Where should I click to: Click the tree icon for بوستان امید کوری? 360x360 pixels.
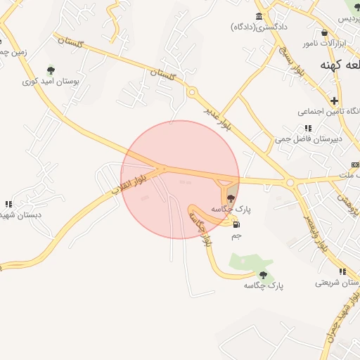(x=50, y=70)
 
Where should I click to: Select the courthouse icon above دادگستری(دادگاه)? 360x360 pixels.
(x=259, y=16)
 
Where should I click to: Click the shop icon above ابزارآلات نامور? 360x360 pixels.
(x=324, y=32)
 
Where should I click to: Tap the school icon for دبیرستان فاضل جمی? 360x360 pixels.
(x=308, y=128)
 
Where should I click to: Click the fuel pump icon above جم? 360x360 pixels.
(x=236, y=225)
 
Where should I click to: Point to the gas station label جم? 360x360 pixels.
(x=236, y=236)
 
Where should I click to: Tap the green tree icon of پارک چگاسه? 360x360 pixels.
(x=263, y=275)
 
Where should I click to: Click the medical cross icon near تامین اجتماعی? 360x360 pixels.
(x=335, y=101)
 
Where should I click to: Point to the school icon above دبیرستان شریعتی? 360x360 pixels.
(x=342, y=271)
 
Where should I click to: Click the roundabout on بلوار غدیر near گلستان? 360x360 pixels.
(x=191, y=91)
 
